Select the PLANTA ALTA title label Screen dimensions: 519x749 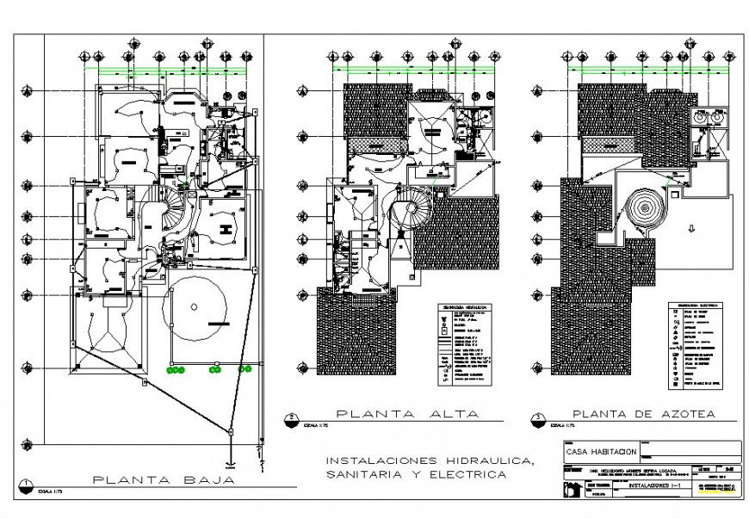click(x=407, y=414)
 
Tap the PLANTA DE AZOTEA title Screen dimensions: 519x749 click(x=643, y=414)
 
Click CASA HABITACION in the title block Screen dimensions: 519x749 click(x=601, y=451)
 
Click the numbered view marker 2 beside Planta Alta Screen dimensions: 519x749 click(x=292, y=417)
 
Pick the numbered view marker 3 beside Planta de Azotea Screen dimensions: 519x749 click(x=539, y=417)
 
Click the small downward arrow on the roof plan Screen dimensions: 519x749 click(x=691, y=228)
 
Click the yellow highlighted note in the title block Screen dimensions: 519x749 click(x=719, y=488)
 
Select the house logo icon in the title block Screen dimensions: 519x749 click(x=569, y=488)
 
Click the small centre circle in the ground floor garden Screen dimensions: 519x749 click(x=195, y=306)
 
